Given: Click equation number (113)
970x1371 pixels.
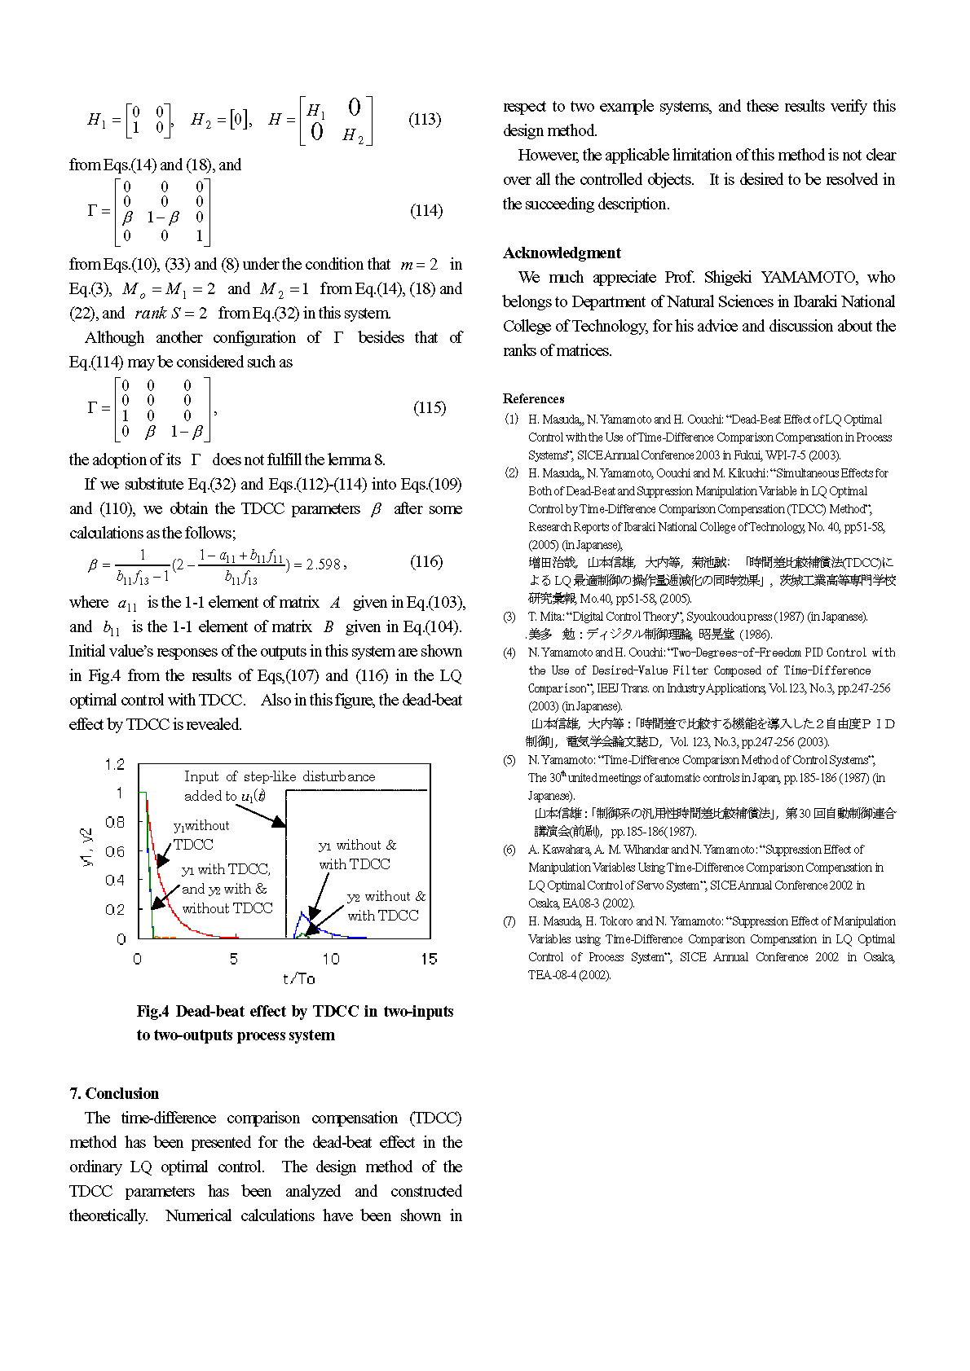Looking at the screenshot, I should tap(424, 120).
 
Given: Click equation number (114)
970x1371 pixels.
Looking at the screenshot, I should tap(425, 211).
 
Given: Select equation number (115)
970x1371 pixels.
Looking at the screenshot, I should tap(429, 408).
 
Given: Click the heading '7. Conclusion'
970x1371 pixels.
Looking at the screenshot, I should tap(113, 1093).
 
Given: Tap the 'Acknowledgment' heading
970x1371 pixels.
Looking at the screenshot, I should tap(562, 253).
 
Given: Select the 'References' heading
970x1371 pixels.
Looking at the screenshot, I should tap(533, 398).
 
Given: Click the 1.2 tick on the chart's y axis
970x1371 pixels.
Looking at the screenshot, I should tap(115, 764).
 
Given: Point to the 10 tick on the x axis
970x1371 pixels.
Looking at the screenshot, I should tap(330, 959).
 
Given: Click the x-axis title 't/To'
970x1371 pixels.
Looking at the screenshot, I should tap(298, 978).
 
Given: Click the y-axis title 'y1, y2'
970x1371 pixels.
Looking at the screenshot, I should tap(89, 846).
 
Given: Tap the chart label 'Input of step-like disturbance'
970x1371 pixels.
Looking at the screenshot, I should tap(280, 776).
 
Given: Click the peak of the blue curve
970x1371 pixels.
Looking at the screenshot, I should tap(303, 914).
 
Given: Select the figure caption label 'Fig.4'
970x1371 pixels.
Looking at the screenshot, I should tap(152, 1012).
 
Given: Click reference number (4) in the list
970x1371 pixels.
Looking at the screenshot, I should tap(509, 653).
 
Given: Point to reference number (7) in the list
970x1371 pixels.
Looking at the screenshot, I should tap(509, 921).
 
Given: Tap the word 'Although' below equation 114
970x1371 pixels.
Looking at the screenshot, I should tap(115, 337).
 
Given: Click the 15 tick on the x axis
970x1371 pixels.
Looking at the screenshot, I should tap(429, 959).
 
